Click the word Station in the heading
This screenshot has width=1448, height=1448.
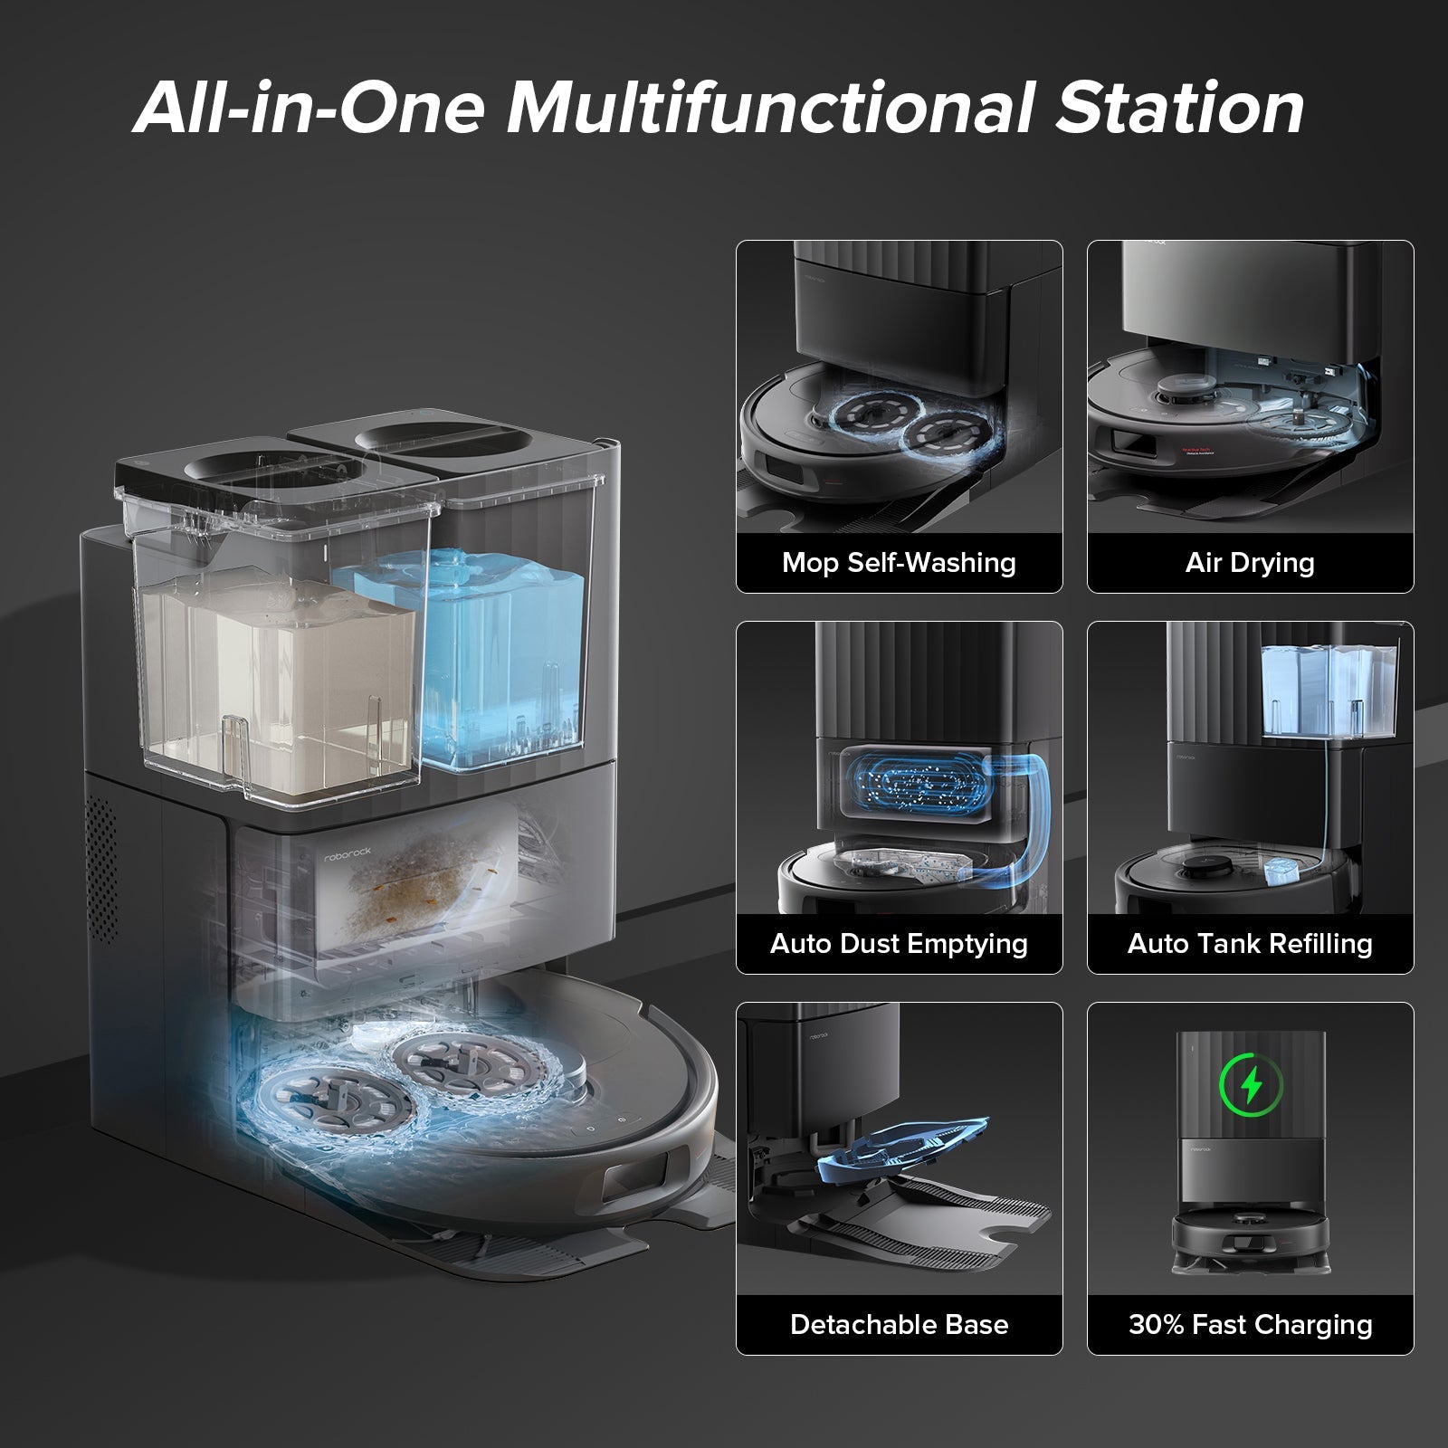coord(1180,107)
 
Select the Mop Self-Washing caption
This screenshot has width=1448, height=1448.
coord(899,563)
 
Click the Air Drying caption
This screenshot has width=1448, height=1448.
coord(1250,563)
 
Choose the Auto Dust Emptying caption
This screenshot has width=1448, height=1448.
coord(899,944)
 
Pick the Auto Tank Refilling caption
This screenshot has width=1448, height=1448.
coord(1250,944)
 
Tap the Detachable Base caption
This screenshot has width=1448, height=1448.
coord(899,1325)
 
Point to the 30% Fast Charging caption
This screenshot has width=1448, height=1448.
coord(1250,1325)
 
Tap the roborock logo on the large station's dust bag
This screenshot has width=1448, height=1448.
coord(348,854)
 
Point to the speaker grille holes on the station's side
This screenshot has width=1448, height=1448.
coord(101,869)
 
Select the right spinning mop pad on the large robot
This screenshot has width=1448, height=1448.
coord(452,1059)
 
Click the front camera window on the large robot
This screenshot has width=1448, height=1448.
coord(639,1181)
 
